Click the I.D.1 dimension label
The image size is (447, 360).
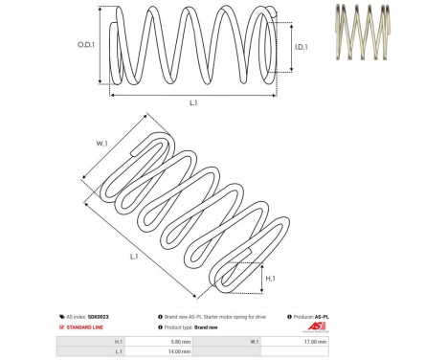299,45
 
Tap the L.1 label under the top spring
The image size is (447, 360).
193,102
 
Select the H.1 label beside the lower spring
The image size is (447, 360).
271,278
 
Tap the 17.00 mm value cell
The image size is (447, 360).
315,341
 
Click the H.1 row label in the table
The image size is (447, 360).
118,341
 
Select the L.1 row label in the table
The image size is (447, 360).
118,351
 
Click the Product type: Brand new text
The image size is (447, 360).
192,327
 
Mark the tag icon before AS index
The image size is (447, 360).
62,316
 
